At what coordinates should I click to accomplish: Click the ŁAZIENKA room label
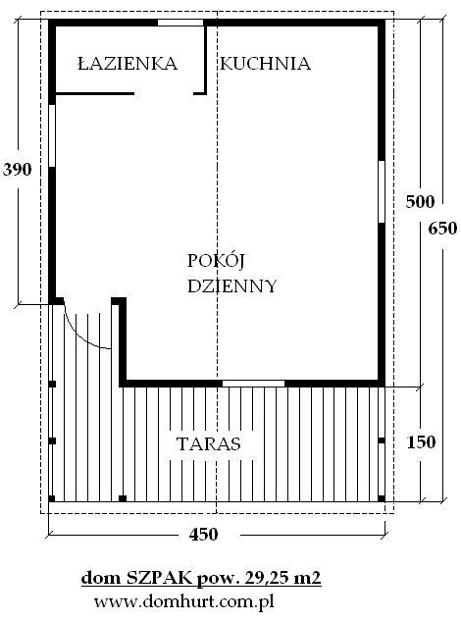coord(128,64)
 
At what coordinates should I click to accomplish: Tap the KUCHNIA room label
coord(266,64)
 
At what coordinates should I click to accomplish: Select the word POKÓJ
coord(216,260)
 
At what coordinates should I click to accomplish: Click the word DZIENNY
coord(231,285)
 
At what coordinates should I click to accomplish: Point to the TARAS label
coord(209,443)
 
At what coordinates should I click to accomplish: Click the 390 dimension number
coord(17,170)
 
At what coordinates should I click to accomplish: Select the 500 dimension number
coord(420,202)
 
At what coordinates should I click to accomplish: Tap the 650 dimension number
coord(442,229)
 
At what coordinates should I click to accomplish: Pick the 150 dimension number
coord(422,442)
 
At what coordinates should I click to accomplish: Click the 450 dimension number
coord(204,535)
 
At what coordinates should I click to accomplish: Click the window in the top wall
coord(180,23)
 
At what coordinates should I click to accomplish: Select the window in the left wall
coord(52,135)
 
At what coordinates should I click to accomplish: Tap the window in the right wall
coord(382,191)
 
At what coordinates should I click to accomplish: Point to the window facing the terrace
coord(253,384)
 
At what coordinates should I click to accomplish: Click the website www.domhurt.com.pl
coord(184,602)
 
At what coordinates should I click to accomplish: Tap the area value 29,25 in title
coord(265,579)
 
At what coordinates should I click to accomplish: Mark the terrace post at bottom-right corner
coord(382,498)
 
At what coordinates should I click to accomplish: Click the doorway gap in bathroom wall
coord(164,94)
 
